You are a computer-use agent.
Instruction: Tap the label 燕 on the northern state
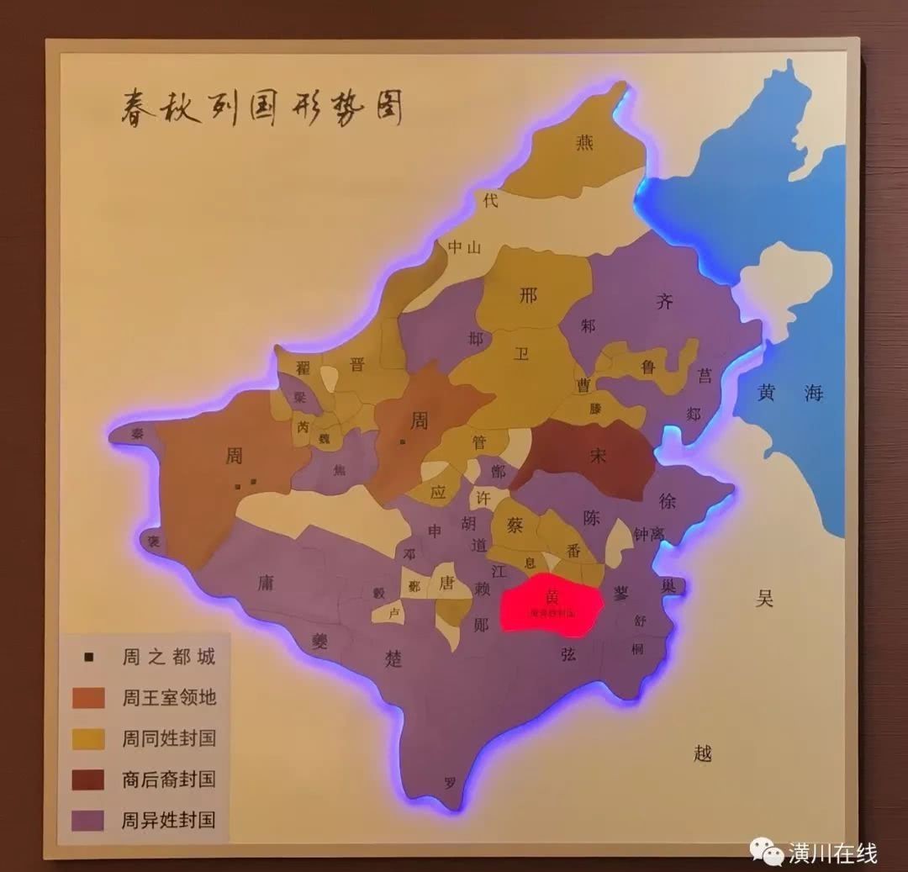(584, 143)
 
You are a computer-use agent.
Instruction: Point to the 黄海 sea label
(789, 393)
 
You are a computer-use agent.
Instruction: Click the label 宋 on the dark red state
(598, 456)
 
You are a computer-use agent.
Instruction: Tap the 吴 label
(764, 599)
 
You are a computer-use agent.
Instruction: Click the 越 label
(704, 753)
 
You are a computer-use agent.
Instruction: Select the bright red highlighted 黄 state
(552, 602)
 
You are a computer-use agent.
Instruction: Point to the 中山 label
(464, 247)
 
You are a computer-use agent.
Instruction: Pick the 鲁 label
(647, 367)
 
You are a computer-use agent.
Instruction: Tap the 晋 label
(357, 364)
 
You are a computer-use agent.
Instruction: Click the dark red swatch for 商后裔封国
(88, 780)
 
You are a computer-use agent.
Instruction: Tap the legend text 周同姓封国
(169, 738)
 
